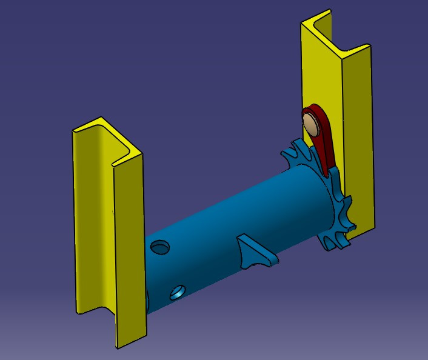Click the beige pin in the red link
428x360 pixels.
coord(312,124)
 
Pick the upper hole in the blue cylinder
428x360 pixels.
coord(160,247)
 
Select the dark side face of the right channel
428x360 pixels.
coord(358,139)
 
